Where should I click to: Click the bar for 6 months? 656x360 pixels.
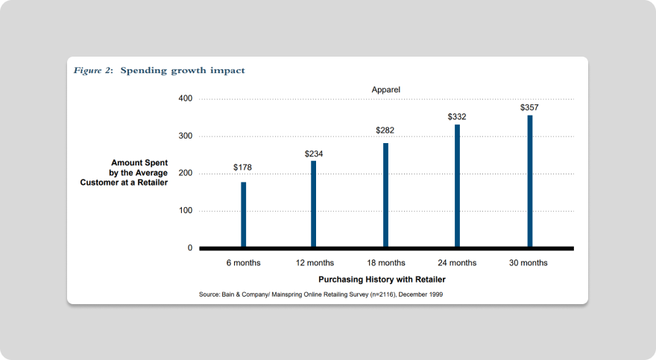click(x=244, y=214)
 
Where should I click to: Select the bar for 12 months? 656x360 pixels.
click(x=314, y=203)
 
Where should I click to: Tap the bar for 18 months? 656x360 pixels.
click(x=386, y=195)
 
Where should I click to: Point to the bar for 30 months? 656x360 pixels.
click(x=530, y=180)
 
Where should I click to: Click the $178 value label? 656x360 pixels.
click(x=242, y=168)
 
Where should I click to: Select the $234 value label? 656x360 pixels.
click(x=314, y=154)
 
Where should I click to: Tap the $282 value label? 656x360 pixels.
click(x=385, y=130)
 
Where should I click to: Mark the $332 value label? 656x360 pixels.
click(x=457, y=117)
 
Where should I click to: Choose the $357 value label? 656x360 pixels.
click(x=529, y=107)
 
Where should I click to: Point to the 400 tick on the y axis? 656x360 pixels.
click(x=186, y=99)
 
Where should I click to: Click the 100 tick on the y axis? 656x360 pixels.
click(x=186, y=211)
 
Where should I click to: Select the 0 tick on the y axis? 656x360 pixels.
click(x=190, y=248)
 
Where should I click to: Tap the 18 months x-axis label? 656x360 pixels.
click(x=386, y=263)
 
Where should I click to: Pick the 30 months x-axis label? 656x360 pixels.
click(x=529, y=263)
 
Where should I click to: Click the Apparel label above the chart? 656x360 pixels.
click(x=386, y=89)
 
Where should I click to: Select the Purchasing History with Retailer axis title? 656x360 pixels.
click(x=382, y=280)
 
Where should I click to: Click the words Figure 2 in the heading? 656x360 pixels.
click(x=92, y=71)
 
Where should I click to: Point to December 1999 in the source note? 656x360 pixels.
click(x=420, y=294)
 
